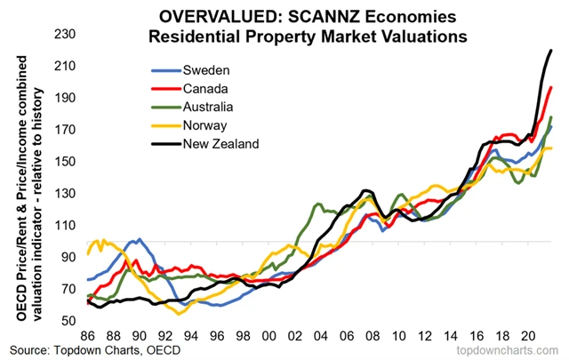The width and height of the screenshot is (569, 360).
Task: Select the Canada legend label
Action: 206,88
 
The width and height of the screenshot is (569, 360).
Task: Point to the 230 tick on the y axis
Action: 68,35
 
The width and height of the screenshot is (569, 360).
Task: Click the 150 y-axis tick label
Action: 68,162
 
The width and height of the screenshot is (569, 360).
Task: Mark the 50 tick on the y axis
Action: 70,320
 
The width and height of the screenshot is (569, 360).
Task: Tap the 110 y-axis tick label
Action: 68,225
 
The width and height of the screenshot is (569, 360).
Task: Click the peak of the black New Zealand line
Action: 551,51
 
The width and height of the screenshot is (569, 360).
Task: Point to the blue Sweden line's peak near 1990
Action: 134,240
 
